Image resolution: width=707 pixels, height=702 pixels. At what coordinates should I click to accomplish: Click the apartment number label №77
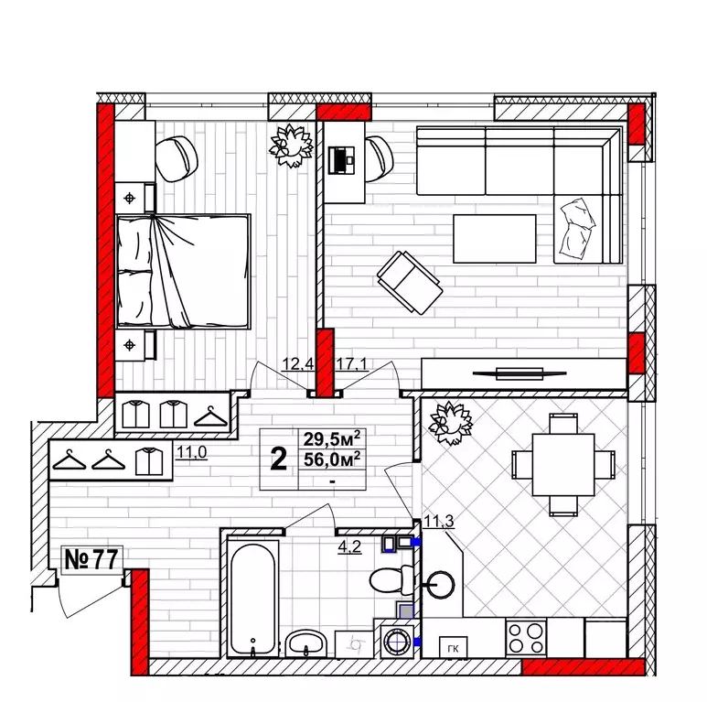click(x=91, y=559)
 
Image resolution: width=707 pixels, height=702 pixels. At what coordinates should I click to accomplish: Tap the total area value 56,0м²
click(x=332, y=459)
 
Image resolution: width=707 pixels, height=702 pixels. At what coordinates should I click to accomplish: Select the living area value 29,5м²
click(x=332, y=438)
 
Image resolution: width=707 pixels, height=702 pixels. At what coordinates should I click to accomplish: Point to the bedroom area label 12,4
click(x=297, y=363)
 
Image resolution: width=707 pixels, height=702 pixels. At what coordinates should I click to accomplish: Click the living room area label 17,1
click(x=351, y=363)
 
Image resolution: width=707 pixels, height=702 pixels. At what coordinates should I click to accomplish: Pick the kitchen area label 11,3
click(x=439, y=522)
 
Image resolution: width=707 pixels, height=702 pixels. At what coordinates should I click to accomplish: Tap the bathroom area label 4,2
click(x=349, y=546)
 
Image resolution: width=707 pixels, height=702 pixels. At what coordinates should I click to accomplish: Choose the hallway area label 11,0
click(x=192, y=451)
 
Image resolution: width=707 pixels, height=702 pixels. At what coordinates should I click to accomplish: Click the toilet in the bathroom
click(x=391, y=580)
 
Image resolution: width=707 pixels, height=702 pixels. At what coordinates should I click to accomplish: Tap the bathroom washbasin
click(x=305, y=643)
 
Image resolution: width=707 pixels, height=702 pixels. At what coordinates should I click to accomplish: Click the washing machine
click(x=397, y=641)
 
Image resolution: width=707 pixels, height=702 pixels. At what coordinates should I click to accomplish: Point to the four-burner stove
click(x=526, y=638)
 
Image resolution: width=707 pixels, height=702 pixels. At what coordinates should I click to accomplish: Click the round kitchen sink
click(x=440, y=585)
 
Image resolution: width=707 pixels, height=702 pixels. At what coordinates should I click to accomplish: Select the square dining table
click(x=563, y=465)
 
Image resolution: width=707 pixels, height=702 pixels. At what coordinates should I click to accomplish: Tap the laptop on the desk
click(x=341, y=159)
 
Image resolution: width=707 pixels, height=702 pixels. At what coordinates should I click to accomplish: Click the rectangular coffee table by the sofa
click(x=495, y=239)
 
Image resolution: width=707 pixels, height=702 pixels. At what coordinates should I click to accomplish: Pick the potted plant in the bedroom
click(x=291, y=146)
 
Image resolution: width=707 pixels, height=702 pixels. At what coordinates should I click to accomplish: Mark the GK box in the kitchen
click(x=453, y=649)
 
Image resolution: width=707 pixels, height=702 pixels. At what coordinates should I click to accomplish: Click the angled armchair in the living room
click(x=410, y=283)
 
